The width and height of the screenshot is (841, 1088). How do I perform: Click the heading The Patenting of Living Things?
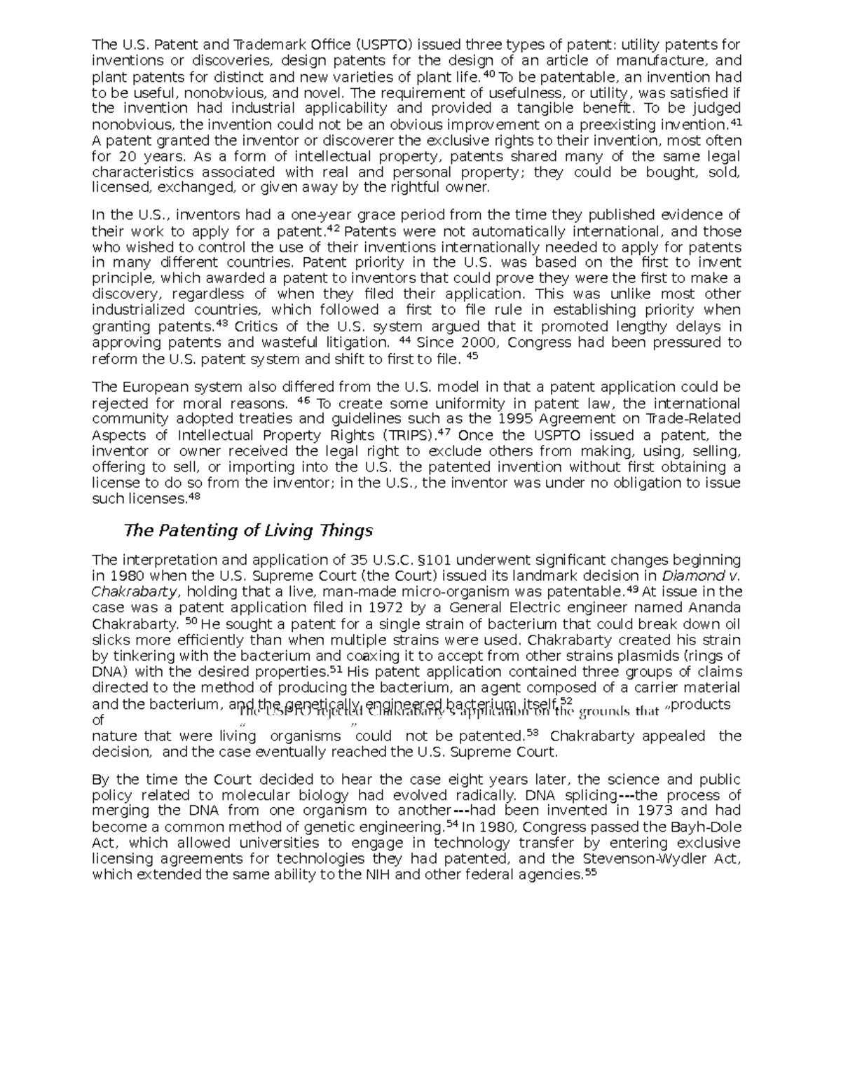tap(248, 530)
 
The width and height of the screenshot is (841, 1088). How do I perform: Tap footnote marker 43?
tap(222, 324)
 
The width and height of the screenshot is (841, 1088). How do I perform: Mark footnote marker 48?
tap(195, 497)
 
